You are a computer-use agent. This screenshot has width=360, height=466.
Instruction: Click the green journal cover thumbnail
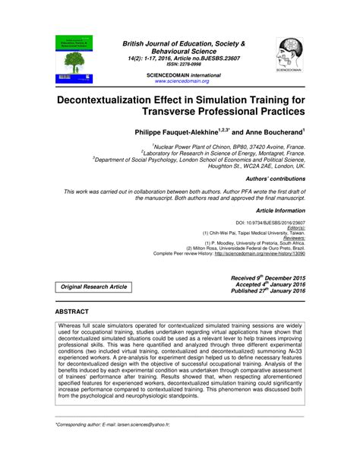pyautogui.click(x=74, y=59)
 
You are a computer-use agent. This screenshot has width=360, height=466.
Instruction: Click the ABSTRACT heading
pyautogui.click(x=72, y=312)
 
